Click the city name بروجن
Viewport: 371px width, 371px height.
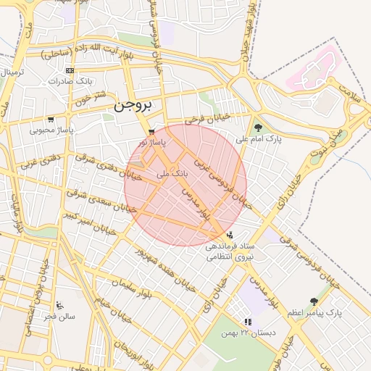[x=134, y=106]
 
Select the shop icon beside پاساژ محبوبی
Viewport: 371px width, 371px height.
[x=50, y=120]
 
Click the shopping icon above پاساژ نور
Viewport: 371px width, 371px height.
[x=151, y=132]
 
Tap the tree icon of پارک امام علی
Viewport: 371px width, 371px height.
[x=259, y=128]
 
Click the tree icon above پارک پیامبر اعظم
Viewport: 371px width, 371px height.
[x=314, y=301]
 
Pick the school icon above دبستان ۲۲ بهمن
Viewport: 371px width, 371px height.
[x=248, y=321]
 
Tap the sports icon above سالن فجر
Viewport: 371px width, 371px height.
[x=59, y=305]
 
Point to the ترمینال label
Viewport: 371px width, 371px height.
[x=12, y=73]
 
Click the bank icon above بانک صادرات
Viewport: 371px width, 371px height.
[x=70, y=70]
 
